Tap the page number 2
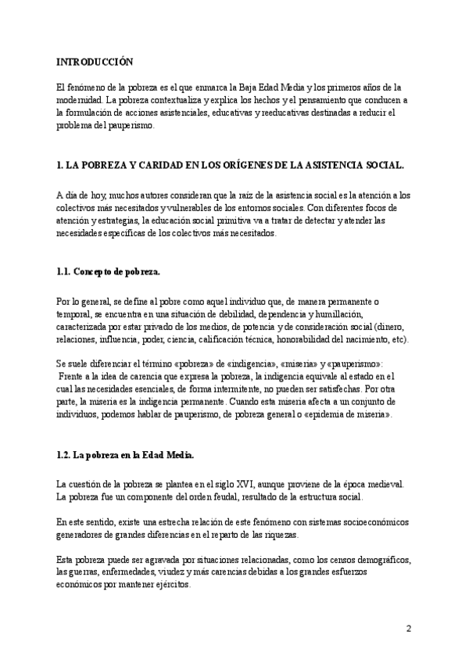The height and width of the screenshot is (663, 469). (409, 629)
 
